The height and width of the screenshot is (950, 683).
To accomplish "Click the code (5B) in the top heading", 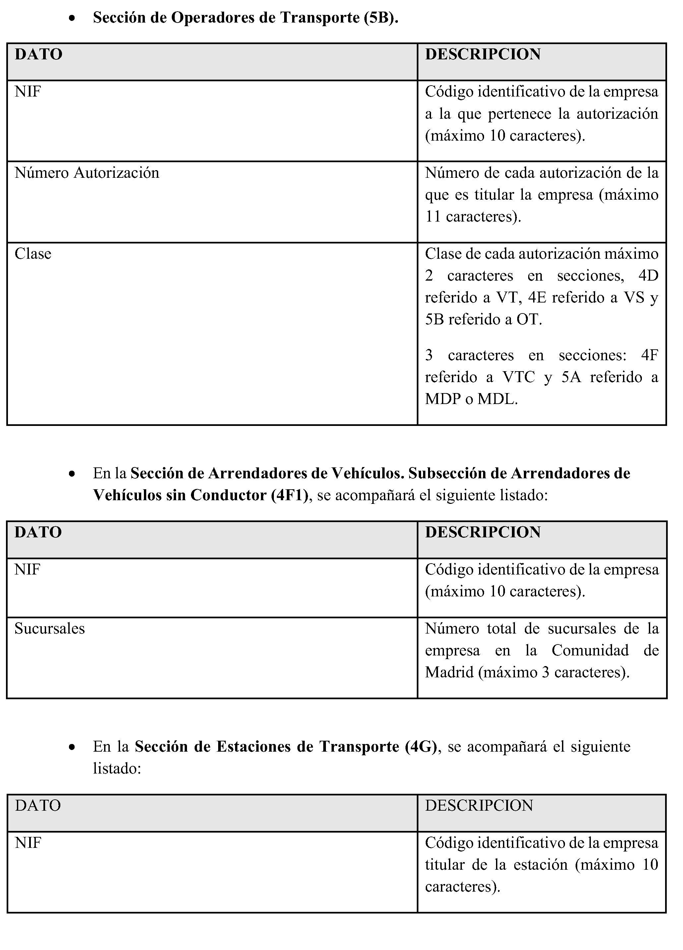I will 380,18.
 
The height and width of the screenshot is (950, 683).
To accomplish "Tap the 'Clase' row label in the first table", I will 33,254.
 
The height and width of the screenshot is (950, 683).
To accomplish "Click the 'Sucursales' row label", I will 49,629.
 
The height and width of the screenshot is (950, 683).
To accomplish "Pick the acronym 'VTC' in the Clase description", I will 519,377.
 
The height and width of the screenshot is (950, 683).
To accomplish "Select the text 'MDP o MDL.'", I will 471,399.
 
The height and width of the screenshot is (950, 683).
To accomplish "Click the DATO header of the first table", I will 38,54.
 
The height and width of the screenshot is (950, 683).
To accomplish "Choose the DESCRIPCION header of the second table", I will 482,532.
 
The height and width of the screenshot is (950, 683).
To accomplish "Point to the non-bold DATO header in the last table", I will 38,805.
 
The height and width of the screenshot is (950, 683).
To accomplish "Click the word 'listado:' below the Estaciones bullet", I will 117,769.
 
